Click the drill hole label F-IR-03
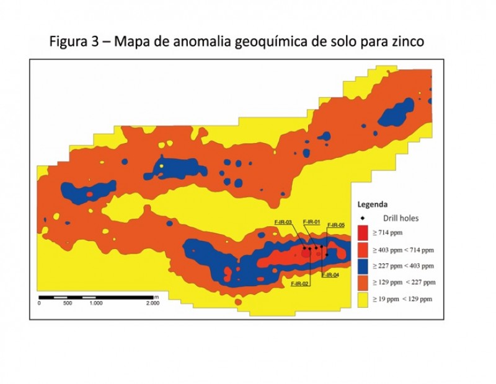pos(283,222)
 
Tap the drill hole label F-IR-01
pos(311,222)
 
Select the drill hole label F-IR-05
pos(335,225)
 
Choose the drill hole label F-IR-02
pos(300,283)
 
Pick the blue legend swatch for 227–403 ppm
pos(363,266)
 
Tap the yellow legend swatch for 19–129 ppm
pos(363,299)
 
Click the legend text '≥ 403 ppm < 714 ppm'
pos(403,250)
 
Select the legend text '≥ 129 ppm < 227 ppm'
pos(403,282)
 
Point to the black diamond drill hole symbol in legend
pos(363,218)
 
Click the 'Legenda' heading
pos(373,204)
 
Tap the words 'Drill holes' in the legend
pos(401,218)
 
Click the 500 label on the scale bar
pos(67,303)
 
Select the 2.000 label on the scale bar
pos(152,303)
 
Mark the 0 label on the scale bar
pos(39,303)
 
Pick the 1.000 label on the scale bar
pos(95,303)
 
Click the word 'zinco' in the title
pos(406,43)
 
